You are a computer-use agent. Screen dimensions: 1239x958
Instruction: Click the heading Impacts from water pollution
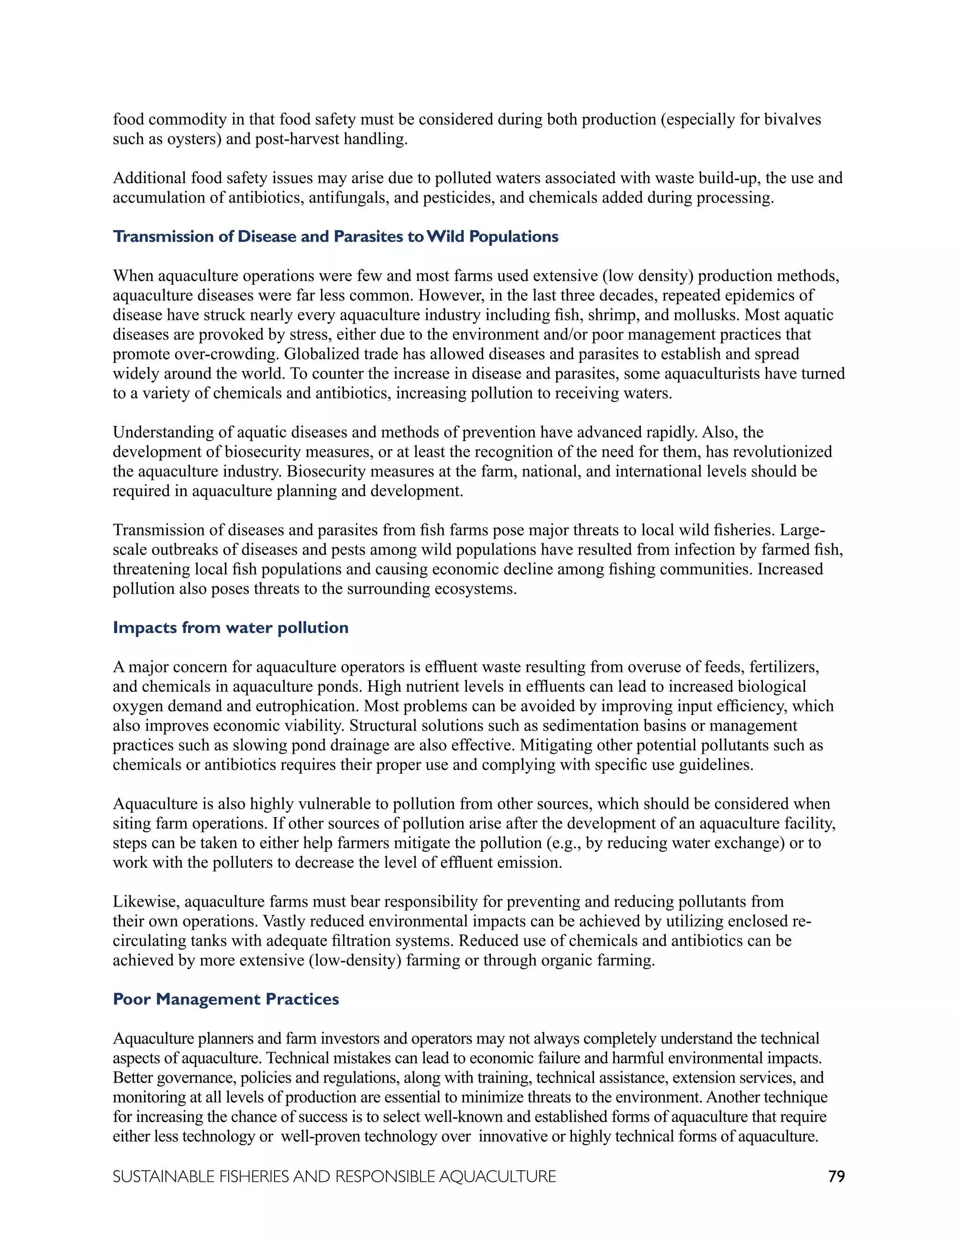[231, 627]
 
